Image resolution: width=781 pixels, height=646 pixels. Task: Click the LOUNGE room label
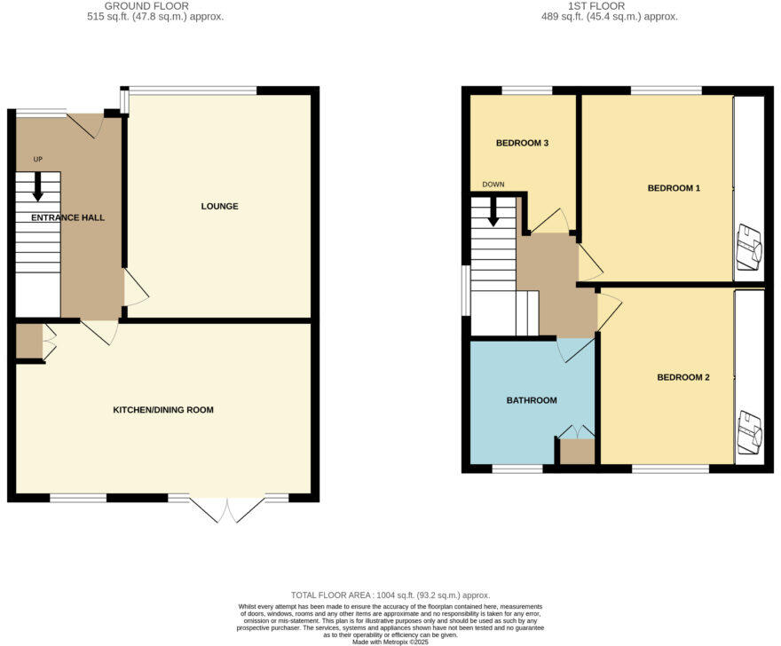(219, 207)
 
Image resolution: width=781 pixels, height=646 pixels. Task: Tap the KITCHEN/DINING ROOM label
(162, 410)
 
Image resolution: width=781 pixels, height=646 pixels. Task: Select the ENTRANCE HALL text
(68, 217)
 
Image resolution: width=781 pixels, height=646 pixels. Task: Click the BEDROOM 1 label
(674, 188)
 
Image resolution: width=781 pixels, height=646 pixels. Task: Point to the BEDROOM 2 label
(682, 377)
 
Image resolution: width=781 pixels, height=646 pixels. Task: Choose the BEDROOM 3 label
(522, 143)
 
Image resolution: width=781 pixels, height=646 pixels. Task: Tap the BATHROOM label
(532, 400)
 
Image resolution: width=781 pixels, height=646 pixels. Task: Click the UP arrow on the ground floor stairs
(38, 187)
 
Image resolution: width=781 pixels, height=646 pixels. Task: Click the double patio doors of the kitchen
(228, 508)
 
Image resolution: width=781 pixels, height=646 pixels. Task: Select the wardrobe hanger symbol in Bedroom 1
(749, 248)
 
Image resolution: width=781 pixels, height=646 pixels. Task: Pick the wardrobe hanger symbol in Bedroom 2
(749, 430)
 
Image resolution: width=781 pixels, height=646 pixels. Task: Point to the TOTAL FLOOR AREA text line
(390, 595)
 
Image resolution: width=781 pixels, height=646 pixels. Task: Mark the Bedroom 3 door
(552, 221)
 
